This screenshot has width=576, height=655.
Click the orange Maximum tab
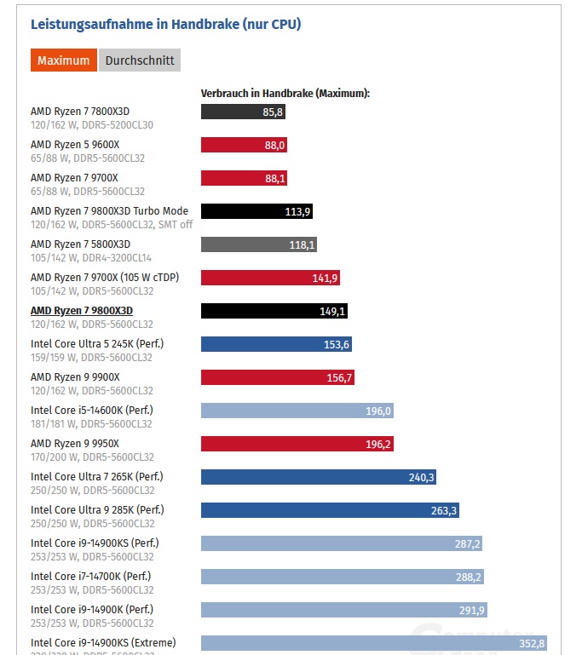point(63,60)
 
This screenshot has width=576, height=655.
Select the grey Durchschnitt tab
point(140,60)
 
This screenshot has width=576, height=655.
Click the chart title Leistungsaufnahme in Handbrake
point(165,24)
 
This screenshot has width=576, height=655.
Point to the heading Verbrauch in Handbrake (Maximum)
point(285,93)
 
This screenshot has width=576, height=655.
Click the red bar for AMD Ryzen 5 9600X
point(244,145)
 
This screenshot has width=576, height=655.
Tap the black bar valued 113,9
point(256,211)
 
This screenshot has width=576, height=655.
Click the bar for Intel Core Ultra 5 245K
point(276,344)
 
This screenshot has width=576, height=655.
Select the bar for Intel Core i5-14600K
point(297,411)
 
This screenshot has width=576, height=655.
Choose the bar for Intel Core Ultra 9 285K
point(330,510)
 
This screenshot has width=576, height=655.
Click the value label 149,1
point(332,311)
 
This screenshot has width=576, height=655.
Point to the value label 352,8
point(531,643)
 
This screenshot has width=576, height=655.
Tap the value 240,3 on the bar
point(421,477)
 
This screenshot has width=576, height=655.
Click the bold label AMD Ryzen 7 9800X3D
point(82,310)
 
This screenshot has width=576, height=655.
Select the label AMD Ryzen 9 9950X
point(75,443)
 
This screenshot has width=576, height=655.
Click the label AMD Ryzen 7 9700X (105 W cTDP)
point(105,277)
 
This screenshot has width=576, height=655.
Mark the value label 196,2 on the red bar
point(377,444)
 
